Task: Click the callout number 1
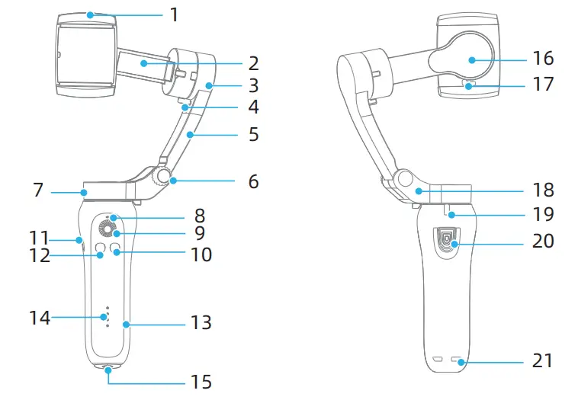(175, 14)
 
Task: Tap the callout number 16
(544, 58)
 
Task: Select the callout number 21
(543, 360)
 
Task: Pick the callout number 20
(544, 242)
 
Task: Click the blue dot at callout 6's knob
(174, 181)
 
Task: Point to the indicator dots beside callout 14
(108, 318)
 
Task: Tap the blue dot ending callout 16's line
(472, 59)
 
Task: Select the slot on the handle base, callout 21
(458, 360)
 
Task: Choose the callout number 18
(544, 190)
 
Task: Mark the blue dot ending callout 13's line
(127, 325)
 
